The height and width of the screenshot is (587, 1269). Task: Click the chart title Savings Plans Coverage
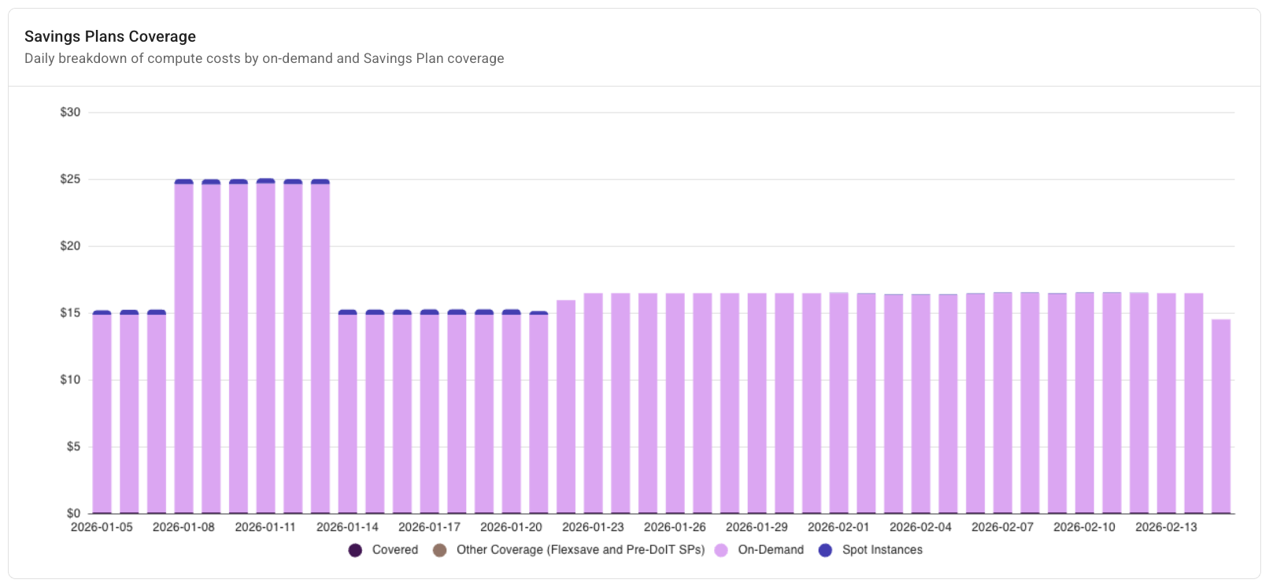[110, 36]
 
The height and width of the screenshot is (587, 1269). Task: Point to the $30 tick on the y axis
[70, 113]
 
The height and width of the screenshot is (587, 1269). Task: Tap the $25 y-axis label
[70, 179]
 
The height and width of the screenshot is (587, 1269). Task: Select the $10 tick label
[70, 380]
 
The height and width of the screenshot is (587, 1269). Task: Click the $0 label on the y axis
[73, 513]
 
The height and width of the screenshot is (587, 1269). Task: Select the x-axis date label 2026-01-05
[102, 527]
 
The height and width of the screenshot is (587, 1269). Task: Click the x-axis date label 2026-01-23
[593, 527]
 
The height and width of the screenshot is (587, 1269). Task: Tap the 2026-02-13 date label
[1166, 527]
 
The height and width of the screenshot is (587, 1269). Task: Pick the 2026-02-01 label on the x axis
[838, 527]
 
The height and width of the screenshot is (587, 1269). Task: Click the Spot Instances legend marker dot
[825, 550]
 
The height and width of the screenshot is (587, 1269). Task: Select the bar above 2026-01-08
[184, 346]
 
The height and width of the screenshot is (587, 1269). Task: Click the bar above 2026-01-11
[266, 346]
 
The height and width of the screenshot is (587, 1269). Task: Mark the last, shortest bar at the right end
[1221, 417]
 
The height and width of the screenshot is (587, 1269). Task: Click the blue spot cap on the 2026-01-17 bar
[430, 312]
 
